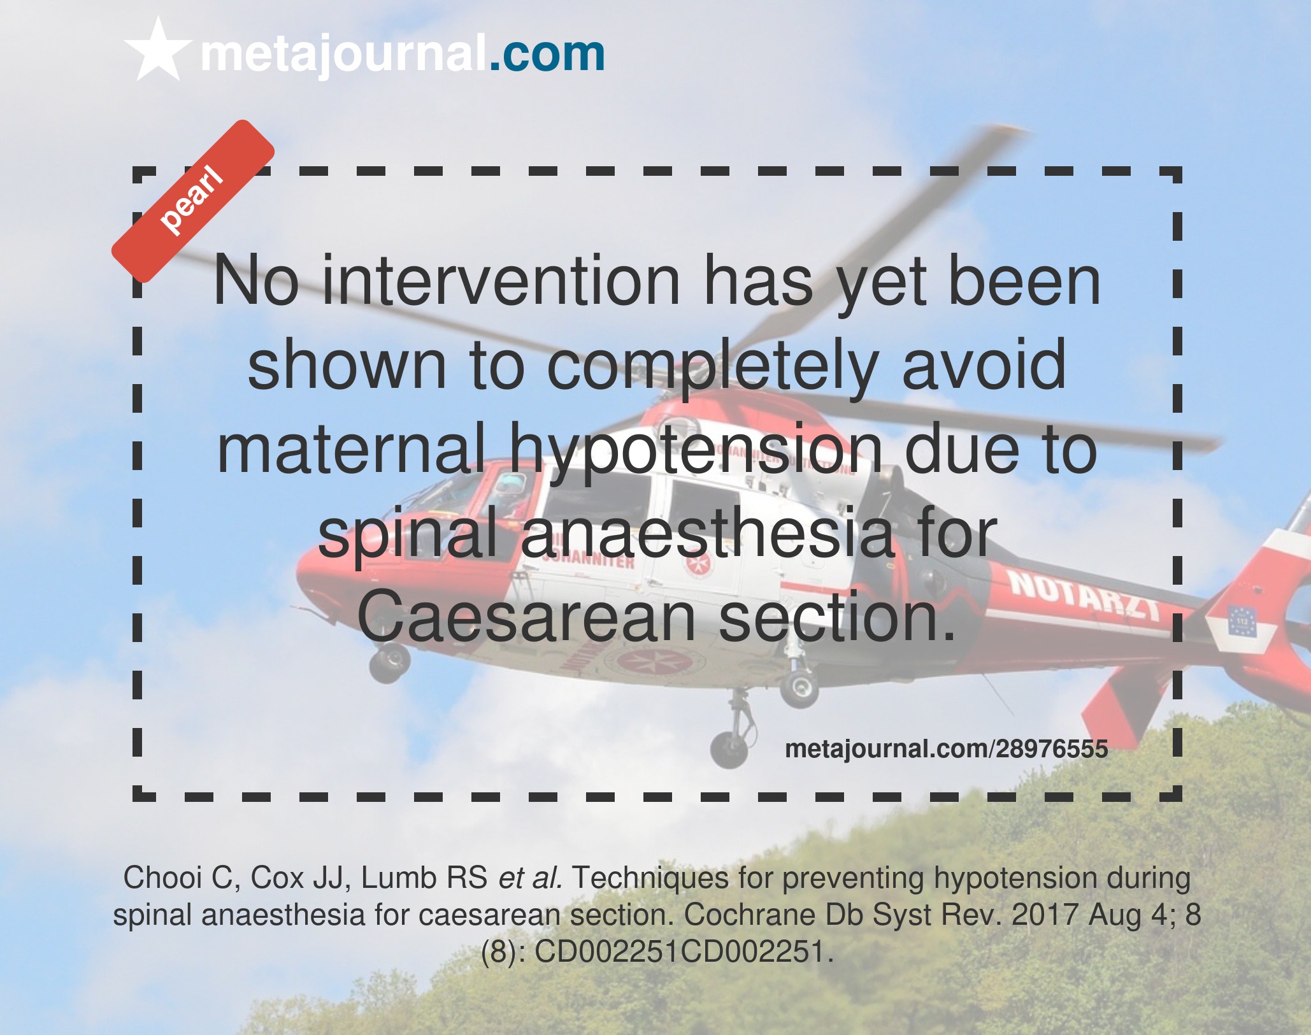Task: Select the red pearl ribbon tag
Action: pyautogui.click(x=193, y=201)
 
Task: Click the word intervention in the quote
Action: pyautogui.click(x=501, y=280)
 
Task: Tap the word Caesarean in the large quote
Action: pyautogui.click(x=526, y=616)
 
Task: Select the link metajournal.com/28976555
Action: pyautogui.click(x=947, y=749)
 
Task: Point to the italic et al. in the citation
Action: pyautogui.click(x=531, y=878)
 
